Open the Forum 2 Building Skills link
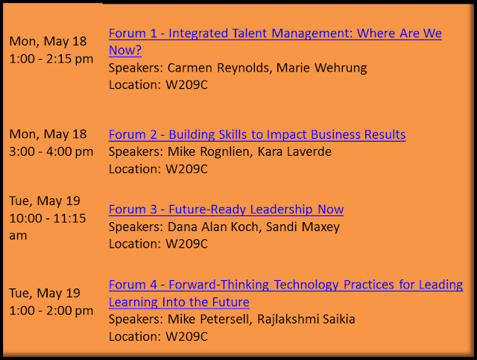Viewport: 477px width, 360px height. pos(257,134)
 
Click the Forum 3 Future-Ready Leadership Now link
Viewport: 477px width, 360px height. pos(227,209)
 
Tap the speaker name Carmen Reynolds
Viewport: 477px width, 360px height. pos(218,68)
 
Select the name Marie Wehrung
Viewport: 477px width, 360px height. pos(321,68)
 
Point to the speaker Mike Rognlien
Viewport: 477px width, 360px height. pos(209,151)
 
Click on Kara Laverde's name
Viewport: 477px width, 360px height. pos(294,151)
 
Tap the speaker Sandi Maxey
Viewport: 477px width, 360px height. pos(303,227)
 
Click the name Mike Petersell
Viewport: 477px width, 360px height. pos(209,319)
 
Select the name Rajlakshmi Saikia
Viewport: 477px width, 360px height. pos(306,320)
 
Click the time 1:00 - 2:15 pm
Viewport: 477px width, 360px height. pos(51,59)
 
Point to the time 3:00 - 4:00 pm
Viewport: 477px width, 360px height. pos(51,151)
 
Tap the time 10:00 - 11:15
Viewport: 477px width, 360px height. pos(48,218)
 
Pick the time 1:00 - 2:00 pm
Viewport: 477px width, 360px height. pos(51,311)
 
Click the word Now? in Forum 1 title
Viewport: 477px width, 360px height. pos(125,50)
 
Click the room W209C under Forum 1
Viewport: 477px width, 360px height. pos(186,85)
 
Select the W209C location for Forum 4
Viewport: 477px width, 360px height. pos(186,337)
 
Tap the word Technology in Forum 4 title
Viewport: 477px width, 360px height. pos(306,285)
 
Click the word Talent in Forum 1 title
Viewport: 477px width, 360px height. pos(250,34)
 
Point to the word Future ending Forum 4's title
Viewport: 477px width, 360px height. pos(230,302)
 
